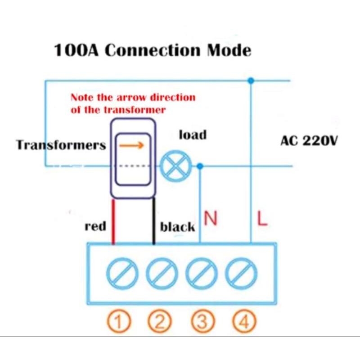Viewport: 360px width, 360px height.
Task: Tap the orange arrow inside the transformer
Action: tap(133, 145)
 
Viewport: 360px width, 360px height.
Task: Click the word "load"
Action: tap(193, 135)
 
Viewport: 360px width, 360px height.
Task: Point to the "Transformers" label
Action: tap(61, 145)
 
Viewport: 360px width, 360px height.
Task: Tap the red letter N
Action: tap(211, 219)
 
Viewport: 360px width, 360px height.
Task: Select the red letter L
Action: tap(262, 219)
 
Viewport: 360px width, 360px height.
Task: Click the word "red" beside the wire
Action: tap(95, 226)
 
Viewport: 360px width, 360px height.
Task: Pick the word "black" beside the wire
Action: tap(178, 227)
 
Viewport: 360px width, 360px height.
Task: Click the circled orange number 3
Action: tap(202, 321)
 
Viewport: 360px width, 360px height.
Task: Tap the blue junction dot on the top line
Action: tap(251, 81)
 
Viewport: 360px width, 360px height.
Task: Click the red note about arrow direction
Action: tap(133, 103)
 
